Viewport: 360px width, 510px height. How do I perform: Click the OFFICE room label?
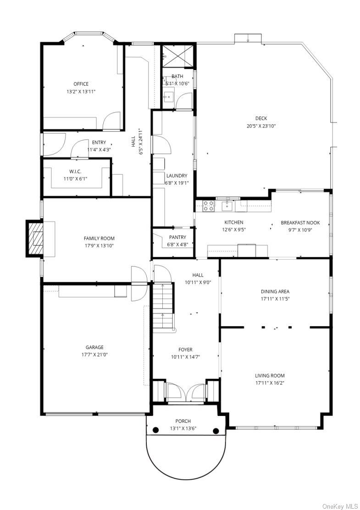pos(81,84)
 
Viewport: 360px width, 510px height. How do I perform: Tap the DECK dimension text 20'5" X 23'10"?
pos(261,126)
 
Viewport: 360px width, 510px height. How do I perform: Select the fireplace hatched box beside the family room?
pos(35,238)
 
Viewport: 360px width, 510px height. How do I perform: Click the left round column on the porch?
pos(156,430)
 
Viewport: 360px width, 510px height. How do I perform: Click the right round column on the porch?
pos(216,431)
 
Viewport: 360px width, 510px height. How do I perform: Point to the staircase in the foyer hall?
pos(162,306)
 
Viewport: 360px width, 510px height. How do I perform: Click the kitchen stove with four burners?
pos(209,206)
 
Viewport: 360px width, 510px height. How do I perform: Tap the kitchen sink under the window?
pos(227,205)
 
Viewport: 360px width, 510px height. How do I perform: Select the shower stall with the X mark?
pos(177,56)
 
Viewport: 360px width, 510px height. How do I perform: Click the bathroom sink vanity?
pos(168,97)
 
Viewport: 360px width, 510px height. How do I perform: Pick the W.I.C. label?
pos(75,172)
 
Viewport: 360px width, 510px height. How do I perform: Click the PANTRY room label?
pos(177,238)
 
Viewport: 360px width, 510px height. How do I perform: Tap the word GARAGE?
pos(94,347)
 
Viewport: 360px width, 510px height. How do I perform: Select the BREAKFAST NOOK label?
pos(300,223)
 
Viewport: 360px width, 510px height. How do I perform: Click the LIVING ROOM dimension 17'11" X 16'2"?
pos(270,383)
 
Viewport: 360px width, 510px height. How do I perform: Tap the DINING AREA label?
pos(275,291)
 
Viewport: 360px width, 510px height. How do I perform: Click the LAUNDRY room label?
pos(177,176)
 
